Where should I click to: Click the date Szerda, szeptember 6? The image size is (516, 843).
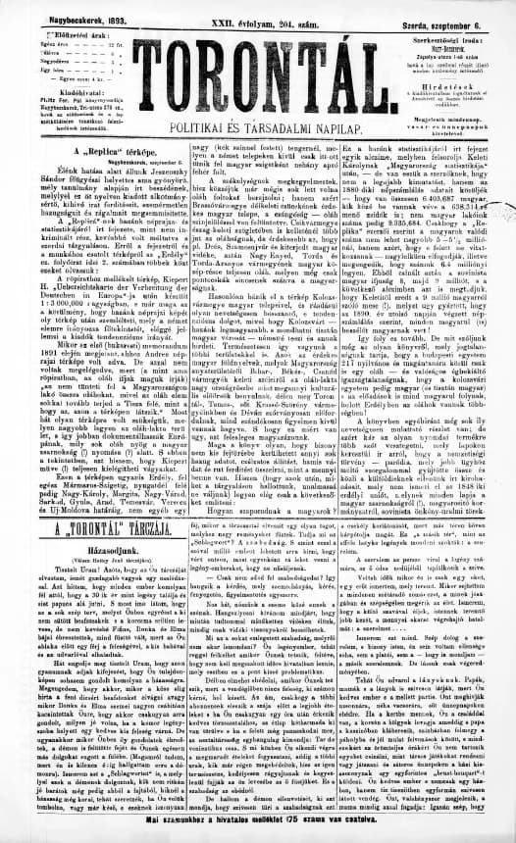click(447, 8)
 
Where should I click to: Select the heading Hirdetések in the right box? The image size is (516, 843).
click(454, 84)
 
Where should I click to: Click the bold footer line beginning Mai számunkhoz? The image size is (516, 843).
click(257, 832)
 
